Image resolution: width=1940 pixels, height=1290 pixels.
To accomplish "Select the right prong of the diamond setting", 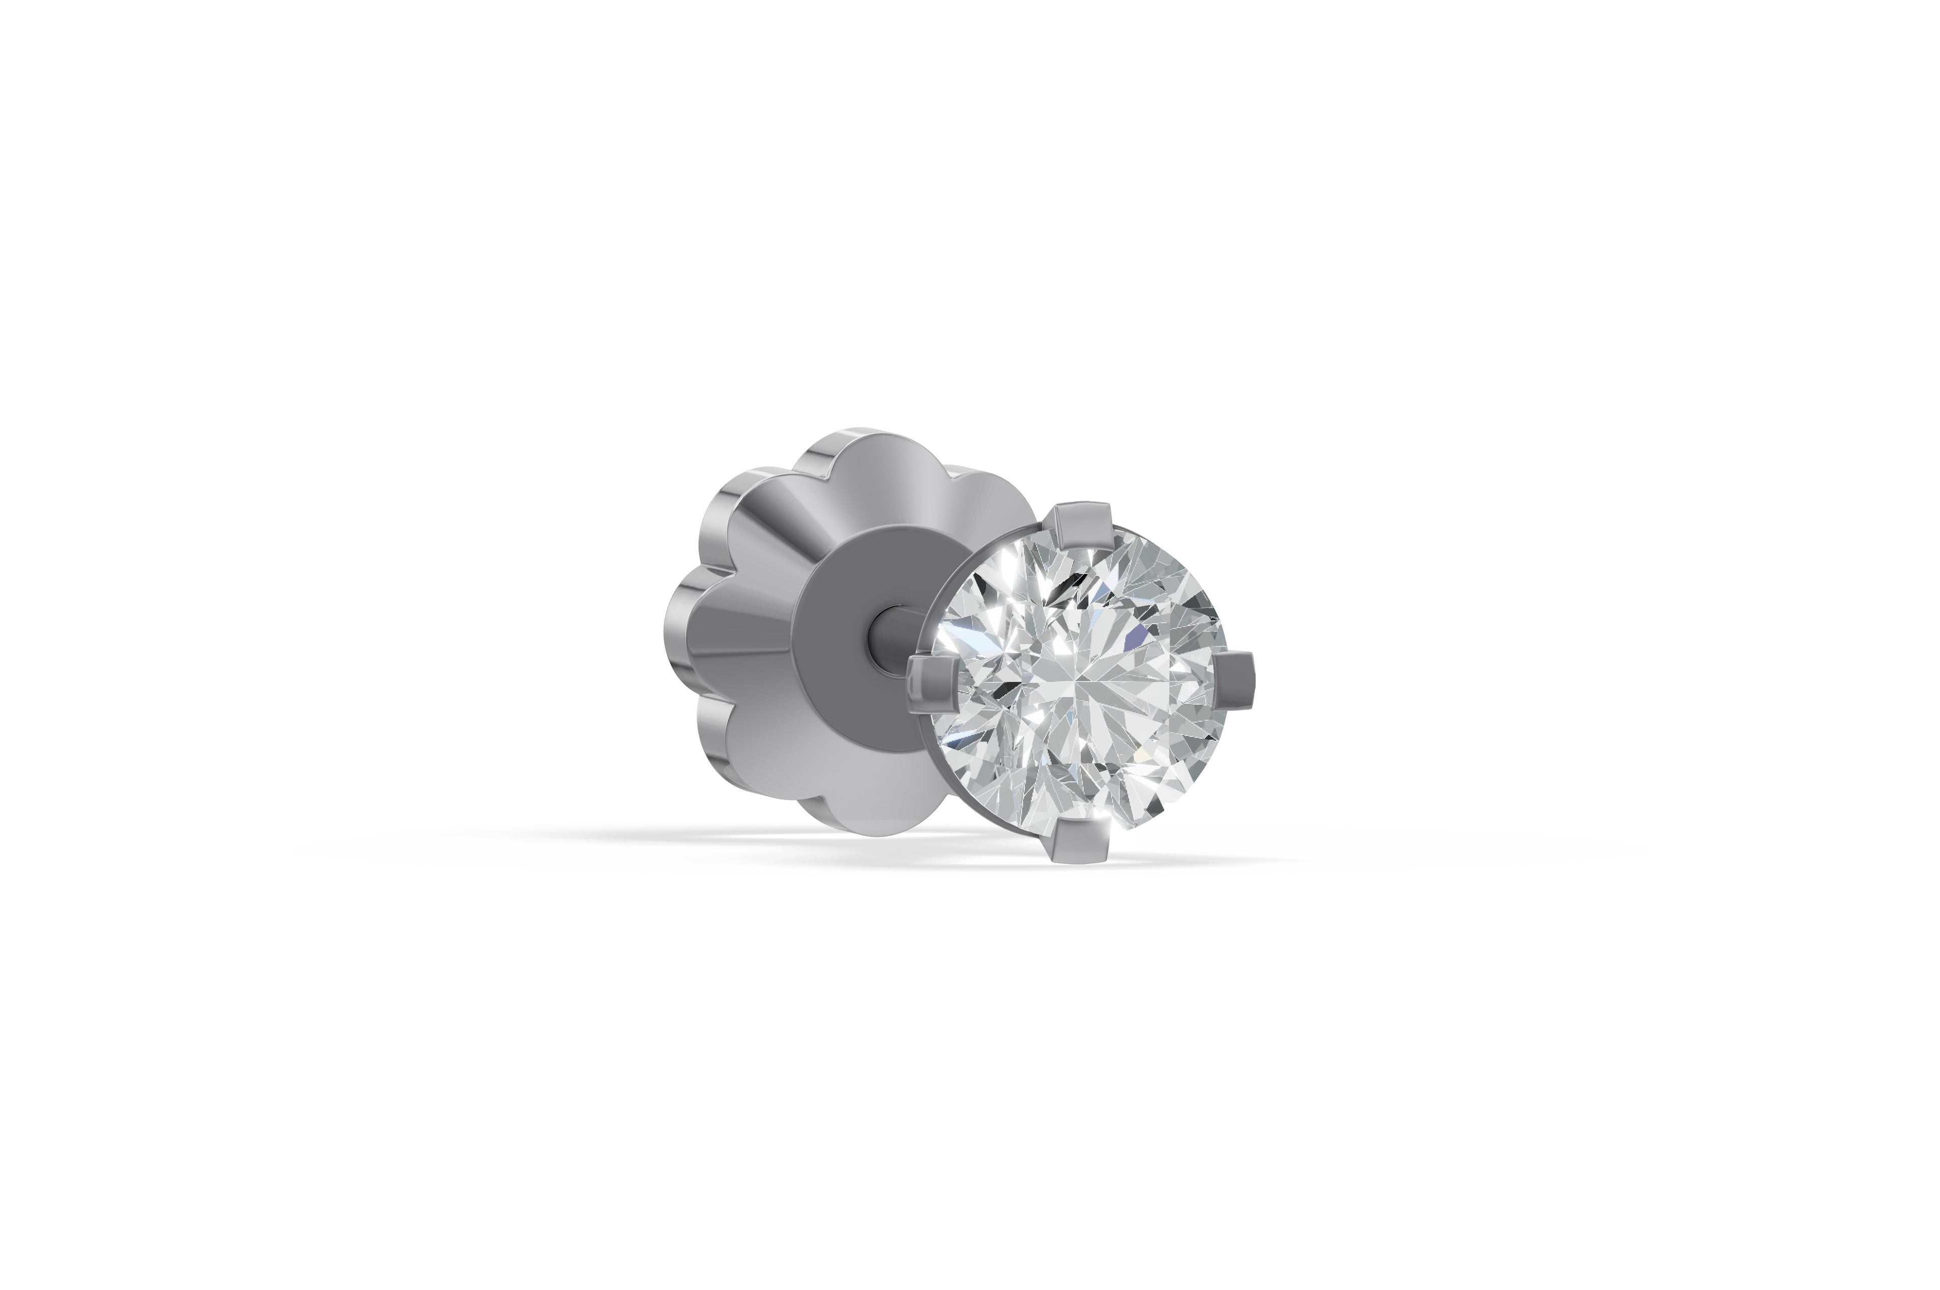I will point(1235,679).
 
